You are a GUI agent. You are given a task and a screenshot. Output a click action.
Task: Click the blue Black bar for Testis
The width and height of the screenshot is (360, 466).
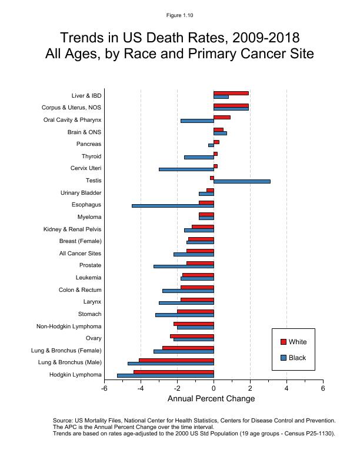(x=242, y=181)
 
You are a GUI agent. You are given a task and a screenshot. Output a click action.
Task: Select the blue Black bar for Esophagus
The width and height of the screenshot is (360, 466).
(x=173, y=206)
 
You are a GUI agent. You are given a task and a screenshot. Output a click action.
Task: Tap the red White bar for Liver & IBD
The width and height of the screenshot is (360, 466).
(x=231, y=93)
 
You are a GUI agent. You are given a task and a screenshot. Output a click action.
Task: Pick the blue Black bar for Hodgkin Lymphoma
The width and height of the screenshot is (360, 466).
(x=165, y=375)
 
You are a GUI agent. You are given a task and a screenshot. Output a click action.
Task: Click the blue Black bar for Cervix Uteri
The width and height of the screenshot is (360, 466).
(x=186, y=169)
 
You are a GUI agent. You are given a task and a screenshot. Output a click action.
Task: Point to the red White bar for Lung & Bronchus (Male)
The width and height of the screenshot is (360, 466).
(x=176, y=360)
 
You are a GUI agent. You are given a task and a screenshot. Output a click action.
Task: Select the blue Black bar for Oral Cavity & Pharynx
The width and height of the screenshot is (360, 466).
(x=197, y=121)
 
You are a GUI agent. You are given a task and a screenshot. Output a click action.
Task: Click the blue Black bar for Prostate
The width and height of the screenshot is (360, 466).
(x=184, y=267)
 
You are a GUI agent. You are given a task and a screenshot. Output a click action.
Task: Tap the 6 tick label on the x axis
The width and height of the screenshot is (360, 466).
(x=323, y=388)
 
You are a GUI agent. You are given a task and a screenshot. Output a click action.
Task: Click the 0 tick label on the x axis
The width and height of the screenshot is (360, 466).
(x=214, y=388)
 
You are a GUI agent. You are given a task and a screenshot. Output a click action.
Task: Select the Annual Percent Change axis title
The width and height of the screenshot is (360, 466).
(x=211, y=399)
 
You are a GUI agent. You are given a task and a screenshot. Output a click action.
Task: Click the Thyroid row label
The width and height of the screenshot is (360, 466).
(x=91, y=157)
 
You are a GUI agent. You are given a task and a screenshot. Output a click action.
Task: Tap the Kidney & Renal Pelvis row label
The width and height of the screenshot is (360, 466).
(x=72, y=229)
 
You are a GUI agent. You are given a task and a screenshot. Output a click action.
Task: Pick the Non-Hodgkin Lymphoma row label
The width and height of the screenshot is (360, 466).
(x=69, y=327)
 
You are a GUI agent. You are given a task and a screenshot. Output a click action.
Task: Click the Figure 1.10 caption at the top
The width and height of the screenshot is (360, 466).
(x=180, y=15)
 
